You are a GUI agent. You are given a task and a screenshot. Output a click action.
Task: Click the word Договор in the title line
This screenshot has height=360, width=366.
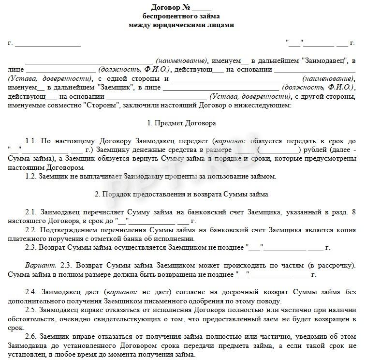[x=168, y=7]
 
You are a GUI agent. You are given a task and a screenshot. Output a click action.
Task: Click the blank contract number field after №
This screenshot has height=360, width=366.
[x=202, y=8]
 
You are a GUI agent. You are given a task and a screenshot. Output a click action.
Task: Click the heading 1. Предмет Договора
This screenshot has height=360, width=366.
[x=181, y=123]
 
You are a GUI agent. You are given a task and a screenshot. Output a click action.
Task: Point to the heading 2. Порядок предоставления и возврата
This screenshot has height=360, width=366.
[x=181, y=194]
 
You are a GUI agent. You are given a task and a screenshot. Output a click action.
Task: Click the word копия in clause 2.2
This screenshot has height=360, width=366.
[x=346, y=229]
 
